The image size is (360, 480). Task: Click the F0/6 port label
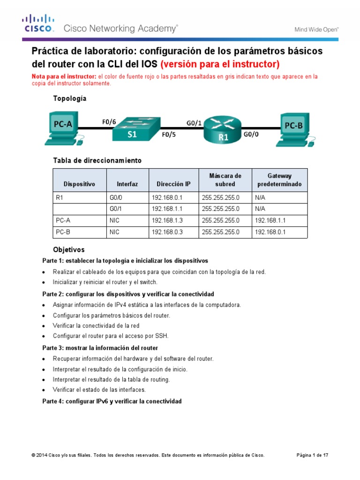pyautogui.click(x=109, y=122)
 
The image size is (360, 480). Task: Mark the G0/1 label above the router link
pyautogui.click(x=194, y=123)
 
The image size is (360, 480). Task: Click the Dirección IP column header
pyautogui.click(x=174, y=184)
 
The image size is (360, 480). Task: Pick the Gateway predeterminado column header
pyautogui.click(x=279, y=180)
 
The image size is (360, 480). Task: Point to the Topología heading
pyautogui.click(x=70, y=99)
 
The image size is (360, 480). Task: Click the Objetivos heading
pyautogui.click(x=69, y=250)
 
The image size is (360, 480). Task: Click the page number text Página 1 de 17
pyautogui.click(x=313, y=455)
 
